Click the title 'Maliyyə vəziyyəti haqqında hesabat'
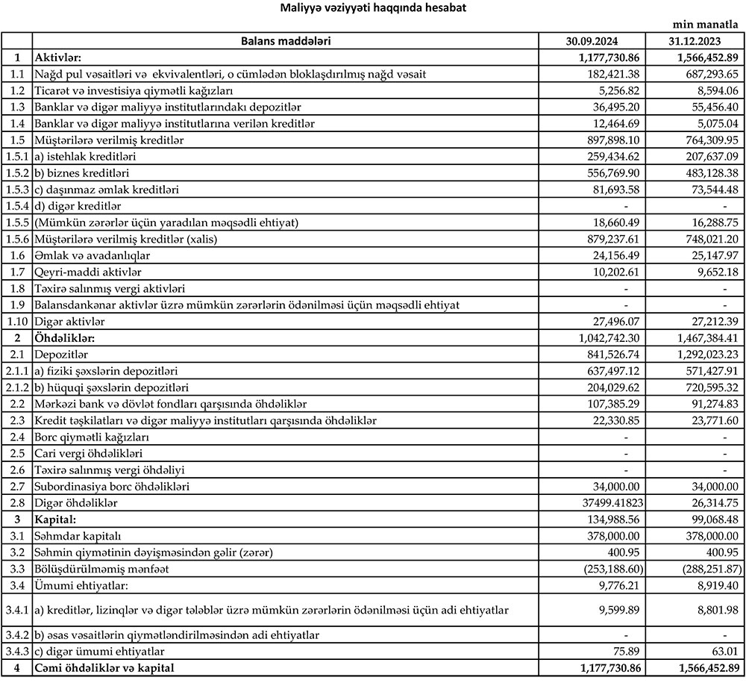click(x=374, y=8)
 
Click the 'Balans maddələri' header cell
click(x=286, y=41)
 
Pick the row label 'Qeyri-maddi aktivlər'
click(x=87, y=272)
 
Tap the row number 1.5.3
click(x=16, y=190)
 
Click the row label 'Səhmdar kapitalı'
click(x=78, y=535)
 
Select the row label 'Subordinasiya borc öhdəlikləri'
click(x=111, y=486)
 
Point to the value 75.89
click(x=627, y=651)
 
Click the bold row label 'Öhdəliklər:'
click(x=62, y=337)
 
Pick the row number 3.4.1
click(x=16, y=610)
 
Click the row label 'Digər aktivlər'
click(x=69, y=321)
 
